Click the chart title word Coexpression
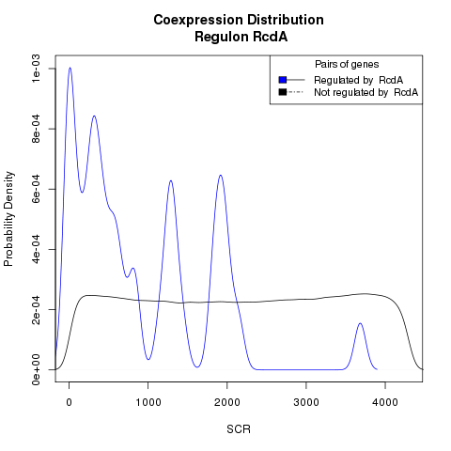click(x=198, y=21)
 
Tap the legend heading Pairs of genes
click(x=347, y=65)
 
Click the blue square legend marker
click(x=283, y=80)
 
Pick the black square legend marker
click(x=283, y=92)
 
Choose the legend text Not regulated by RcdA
click(x=366, y=93)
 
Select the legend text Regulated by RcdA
click(x=359, y=81)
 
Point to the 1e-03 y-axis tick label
click(x=37, y=69)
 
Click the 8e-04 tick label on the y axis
click(x=37, y=129)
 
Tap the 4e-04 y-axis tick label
click(x=37, y=249)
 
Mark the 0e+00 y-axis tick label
click(x=37, y=369)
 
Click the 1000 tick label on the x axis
click(x=148, y=402)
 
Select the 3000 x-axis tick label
click(x=306, y=402)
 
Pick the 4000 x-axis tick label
click(x=385, y=402)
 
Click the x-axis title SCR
click(x=239, y=429)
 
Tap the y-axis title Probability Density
click(x=9, y=219)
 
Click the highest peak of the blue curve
click(x=70, y=68)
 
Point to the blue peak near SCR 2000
click(x=221, y=175)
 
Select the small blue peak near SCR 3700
click(x=360, y=323)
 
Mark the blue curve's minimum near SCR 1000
click(x=148, y=359)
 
